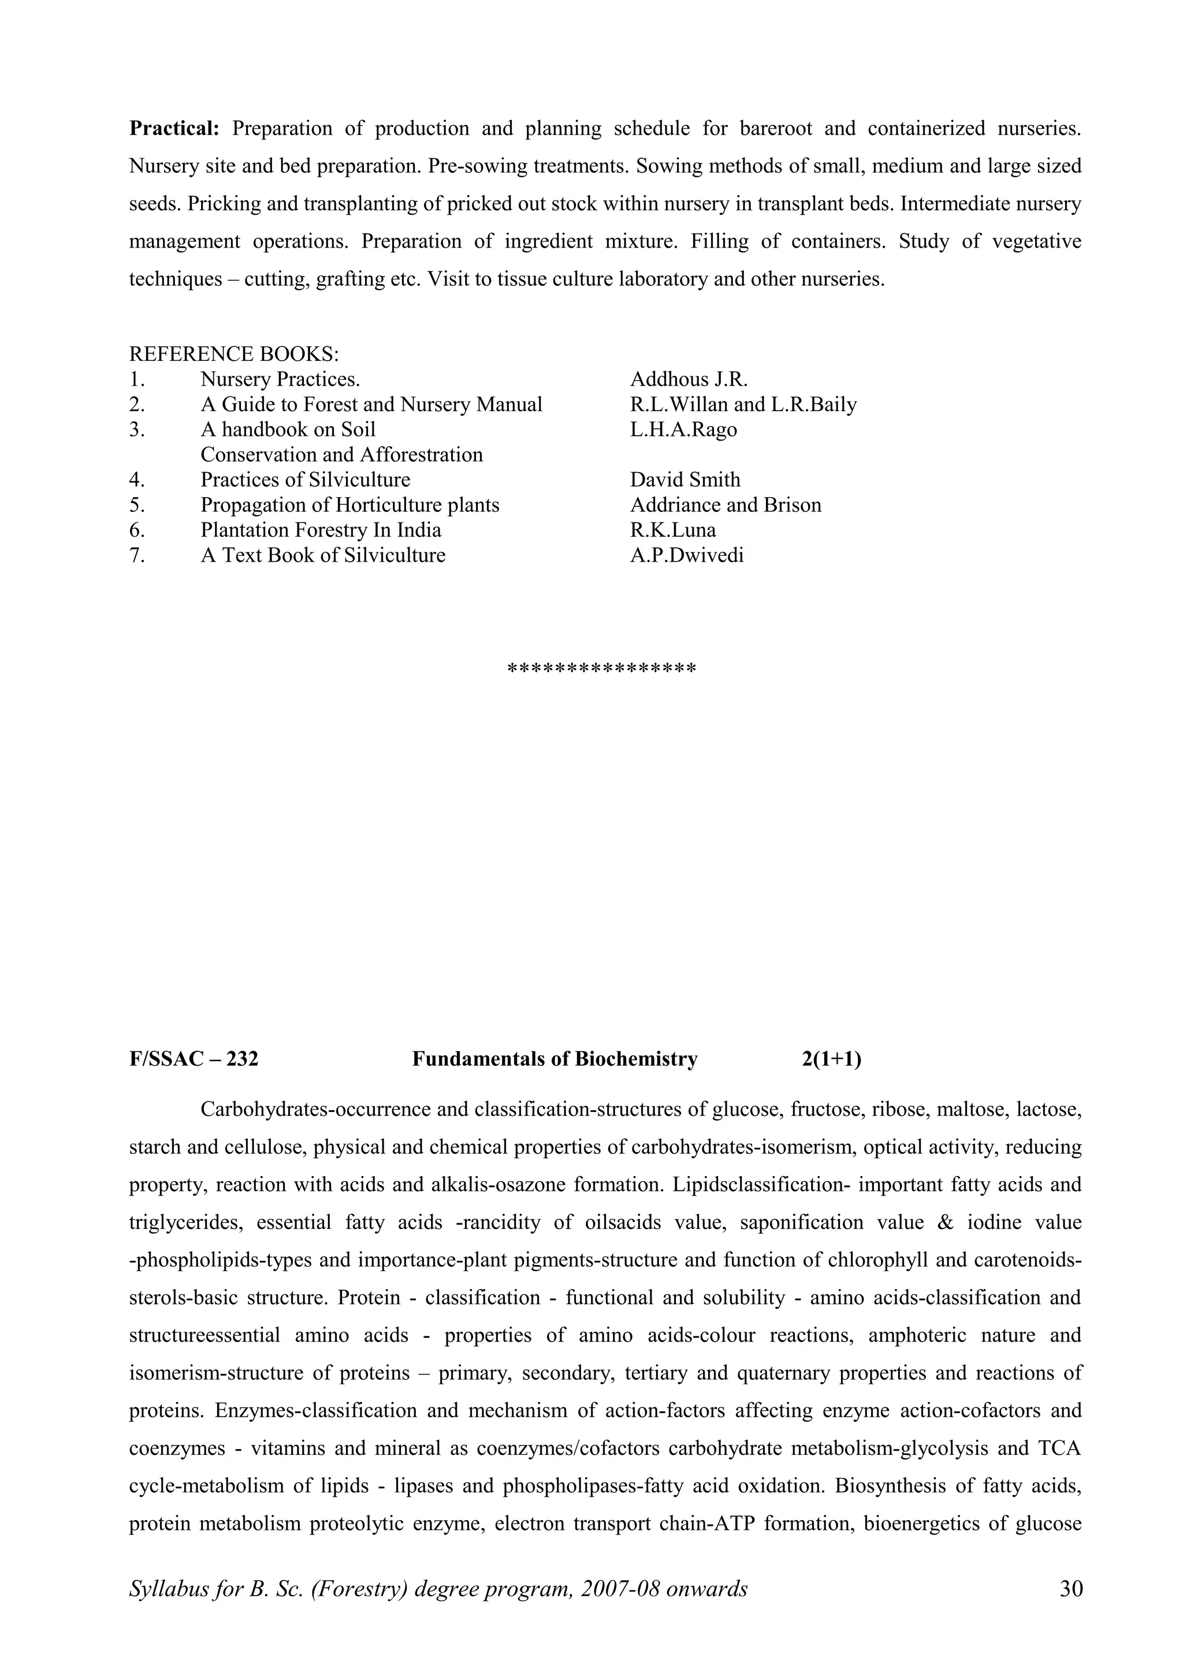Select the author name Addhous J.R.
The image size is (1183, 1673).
coord(689,380)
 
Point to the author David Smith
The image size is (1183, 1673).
coord(685,480)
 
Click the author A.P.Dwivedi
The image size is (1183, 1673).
coord(687,556)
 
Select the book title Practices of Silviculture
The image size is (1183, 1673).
coord(306,480)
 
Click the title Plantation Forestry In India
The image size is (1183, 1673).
coord(321,531)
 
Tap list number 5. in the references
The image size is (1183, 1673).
coord(137,505)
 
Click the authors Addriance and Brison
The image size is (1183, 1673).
coord(726,505)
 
